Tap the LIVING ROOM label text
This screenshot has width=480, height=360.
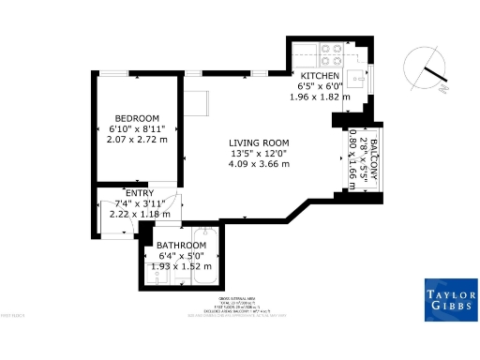pos(259,142)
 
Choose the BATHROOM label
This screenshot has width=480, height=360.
pos(181,247)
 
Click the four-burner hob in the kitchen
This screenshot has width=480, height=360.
pos(331,52)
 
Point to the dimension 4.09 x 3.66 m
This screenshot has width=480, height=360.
pos(259,164)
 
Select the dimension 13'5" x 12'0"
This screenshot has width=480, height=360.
pos(259,153)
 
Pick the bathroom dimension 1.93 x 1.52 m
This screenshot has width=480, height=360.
pos(181,266)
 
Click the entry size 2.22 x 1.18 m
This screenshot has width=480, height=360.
pos(139,214)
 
